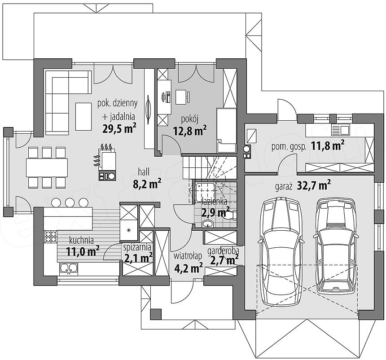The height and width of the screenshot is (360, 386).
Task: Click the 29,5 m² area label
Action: [119, 128]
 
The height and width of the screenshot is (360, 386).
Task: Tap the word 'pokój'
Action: [189, 119]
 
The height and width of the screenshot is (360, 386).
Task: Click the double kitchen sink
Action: [69, 269]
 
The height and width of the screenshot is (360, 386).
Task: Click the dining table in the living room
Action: [47, 168]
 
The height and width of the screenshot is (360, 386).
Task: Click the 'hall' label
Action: [144, 172]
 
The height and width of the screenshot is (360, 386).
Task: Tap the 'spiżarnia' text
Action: [137, 247]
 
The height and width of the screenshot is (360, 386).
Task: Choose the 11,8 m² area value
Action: [328, 145]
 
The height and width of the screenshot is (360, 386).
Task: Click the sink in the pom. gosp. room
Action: [341, 129]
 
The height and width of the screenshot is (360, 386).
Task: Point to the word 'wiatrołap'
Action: [188, 256]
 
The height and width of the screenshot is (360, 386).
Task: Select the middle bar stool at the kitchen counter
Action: [70, 202]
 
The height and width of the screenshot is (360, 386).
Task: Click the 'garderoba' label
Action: [223, 251]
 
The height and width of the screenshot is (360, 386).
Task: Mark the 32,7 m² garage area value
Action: [314, 185]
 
